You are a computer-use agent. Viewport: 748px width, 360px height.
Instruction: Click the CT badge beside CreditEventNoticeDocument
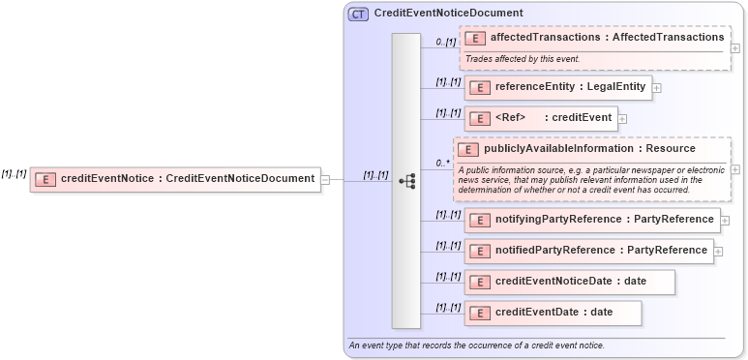pos(358,14)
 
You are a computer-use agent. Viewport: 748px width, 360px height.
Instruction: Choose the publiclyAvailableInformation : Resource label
pos(589,149)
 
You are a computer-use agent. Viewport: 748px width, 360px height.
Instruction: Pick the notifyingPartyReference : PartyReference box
pos(591,220)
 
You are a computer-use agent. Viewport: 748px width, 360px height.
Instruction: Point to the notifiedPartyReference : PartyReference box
pos(588,251)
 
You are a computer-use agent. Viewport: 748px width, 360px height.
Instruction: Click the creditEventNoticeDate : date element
pos(569,282)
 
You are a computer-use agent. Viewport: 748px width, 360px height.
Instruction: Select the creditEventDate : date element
pos(553,313)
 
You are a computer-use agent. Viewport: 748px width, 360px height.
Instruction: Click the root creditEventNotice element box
pos(175,178)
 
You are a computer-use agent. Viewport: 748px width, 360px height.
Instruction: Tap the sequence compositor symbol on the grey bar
pos(407,180)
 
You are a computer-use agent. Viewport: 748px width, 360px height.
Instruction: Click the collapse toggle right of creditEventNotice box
pos(326,179)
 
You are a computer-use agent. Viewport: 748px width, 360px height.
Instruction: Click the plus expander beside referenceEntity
pos(658,88)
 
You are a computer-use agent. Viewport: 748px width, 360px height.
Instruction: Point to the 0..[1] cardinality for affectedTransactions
pos(445,42)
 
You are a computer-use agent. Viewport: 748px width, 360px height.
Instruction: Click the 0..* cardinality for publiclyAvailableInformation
pos(442,164)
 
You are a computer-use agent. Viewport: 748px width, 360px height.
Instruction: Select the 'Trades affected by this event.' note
pos(523,59)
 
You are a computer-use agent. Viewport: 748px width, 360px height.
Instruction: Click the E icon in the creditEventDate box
pos(476,313)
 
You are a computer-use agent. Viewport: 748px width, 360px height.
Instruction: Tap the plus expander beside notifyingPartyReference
pos(726,221)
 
